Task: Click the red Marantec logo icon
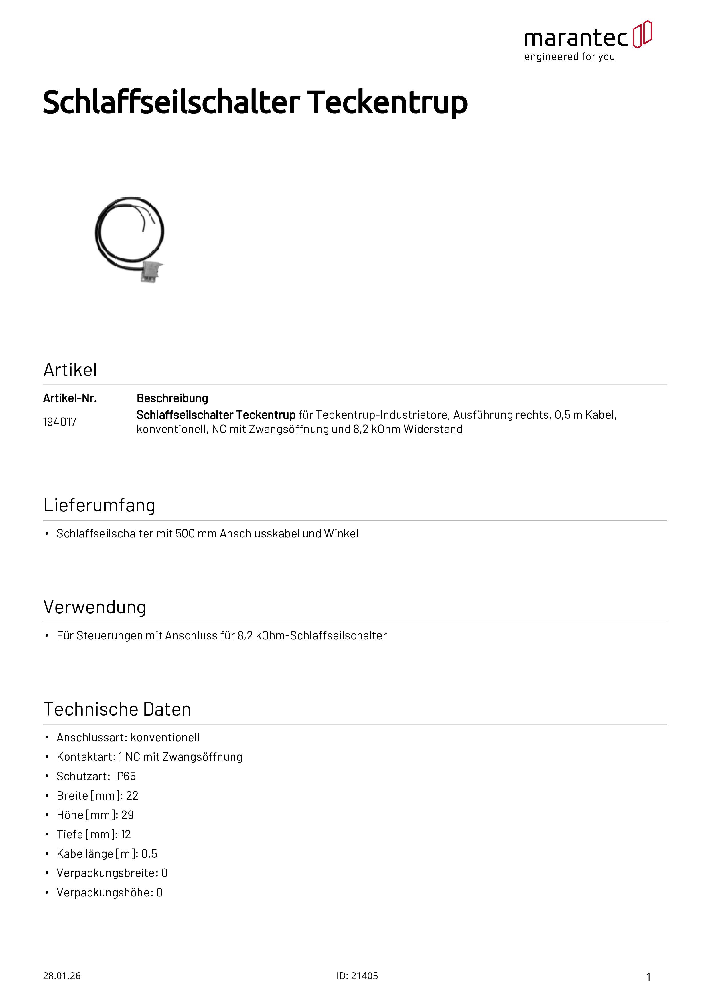[x=642, y=34]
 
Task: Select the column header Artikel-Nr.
[x=70, y=398]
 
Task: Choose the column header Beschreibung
[x=172, y=398]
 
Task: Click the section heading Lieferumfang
[x=99, y=505]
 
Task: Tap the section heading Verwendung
[x=94, y=607]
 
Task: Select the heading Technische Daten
[x=117, y=709]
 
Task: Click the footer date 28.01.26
[x=62, y=976]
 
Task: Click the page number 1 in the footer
[x=648, y=977]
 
